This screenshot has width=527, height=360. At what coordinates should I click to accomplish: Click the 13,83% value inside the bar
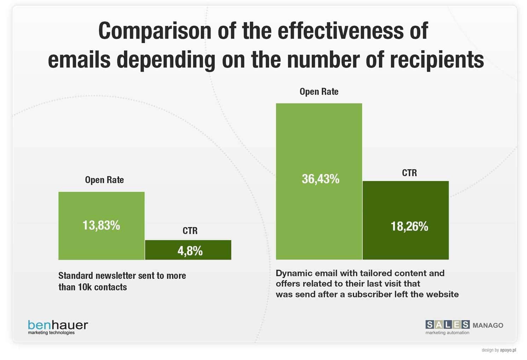(101, 225)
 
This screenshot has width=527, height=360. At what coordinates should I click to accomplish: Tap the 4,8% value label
(190, 251)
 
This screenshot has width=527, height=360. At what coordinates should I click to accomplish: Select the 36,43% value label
(320, 179)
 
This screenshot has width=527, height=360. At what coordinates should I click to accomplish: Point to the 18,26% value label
(409, 226)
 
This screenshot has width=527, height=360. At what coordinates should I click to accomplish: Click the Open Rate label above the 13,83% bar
(104, 180)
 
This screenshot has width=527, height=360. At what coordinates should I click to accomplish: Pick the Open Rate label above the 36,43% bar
(319, 92)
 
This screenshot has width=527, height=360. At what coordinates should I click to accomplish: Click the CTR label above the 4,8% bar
(190, 231)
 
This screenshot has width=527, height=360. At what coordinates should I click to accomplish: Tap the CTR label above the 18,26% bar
(409, 173)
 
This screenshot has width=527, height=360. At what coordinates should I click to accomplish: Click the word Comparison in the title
(155, 31)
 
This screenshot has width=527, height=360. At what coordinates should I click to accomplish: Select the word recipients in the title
(437, 59)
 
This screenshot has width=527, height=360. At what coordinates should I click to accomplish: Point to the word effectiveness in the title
(341, 31)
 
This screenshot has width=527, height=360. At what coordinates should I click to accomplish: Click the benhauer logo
(58, 325)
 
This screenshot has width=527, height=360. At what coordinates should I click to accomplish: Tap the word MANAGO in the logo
(488, 325)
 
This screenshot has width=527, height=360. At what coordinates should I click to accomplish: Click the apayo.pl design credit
(508, 350)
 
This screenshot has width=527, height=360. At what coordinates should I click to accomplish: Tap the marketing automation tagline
(447, 333)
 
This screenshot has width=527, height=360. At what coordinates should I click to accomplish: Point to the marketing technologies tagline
(51, 333)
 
